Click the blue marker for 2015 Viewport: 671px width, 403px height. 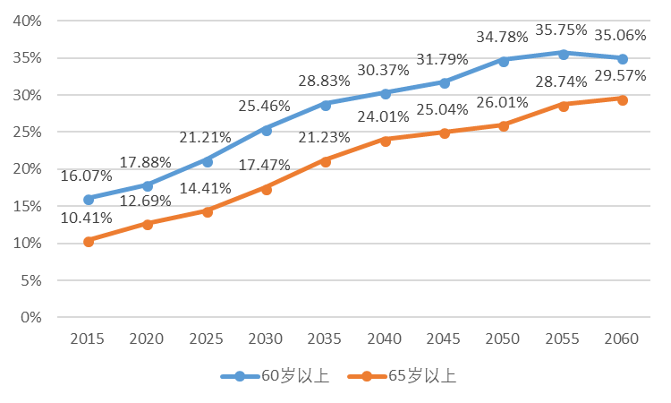(x=89, y=199)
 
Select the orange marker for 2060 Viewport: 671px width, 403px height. (x=623, y=99)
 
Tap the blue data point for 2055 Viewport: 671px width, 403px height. (x=564, y=54)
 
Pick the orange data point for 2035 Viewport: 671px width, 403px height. (x=326, y=161)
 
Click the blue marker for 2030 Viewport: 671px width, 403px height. (x=267, y=130)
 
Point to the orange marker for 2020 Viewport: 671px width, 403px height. (x=148, y=224)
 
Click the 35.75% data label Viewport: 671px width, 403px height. (x=562, y=30)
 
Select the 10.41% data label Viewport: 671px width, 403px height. (x=86, y=218)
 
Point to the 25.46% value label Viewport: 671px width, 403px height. (x=264, y=107)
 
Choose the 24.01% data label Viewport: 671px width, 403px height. (x=382, y=116)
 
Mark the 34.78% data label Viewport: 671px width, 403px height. (x=503, y=38)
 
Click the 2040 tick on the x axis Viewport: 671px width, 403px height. (x=385, y=339)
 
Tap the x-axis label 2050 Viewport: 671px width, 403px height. (x=504, y=339)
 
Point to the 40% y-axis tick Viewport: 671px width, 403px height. (x=30, y=21)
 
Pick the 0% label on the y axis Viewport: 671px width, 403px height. (x=33, y=317)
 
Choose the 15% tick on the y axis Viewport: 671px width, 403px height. (x=30, y=206)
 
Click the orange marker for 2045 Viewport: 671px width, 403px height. (x=445, y=133)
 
